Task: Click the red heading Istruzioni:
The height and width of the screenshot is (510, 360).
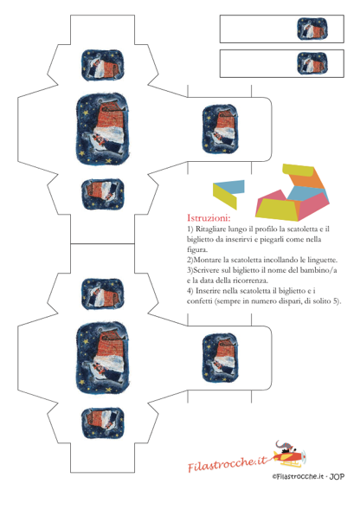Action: (209, 217)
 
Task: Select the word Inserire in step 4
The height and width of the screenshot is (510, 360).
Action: (209, 291)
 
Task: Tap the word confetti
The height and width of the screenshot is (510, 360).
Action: (199, 301)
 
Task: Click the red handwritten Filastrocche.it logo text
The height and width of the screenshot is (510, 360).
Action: (227, 463)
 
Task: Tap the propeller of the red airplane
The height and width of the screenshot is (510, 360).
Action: (303, 456)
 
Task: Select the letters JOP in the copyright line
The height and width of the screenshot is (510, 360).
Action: (337, 477)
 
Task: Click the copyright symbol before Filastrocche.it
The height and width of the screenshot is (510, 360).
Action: (274, 477)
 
